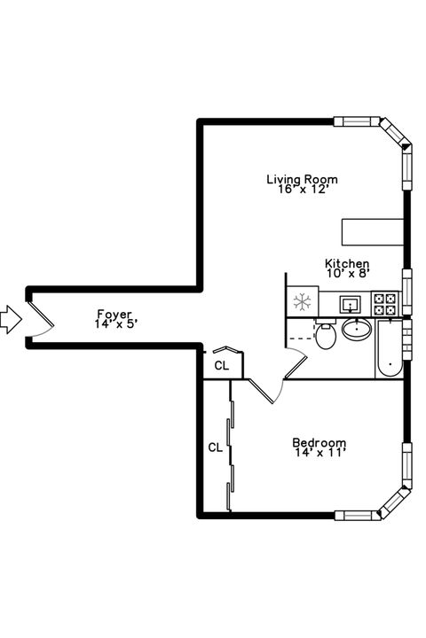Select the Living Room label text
(x=302, y=179)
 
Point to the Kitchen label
(x=346, y=263)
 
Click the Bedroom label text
(x=319, y=442)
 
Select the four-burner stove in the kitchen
(x=385, y=304)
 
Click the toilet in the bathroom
(x=327, y=335)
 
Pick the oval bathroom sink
(x=358, y=331)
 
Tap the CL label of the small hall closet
(x=222, y=364)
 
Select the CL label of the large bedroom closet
(x=215, y=447)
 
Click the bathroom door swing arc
(x=296, y=363)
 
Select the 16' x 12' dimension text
(x=302, y=190)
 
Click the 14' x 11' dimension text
(x=319, y=453)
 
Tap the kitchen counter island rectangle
(x=373, y=231)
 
